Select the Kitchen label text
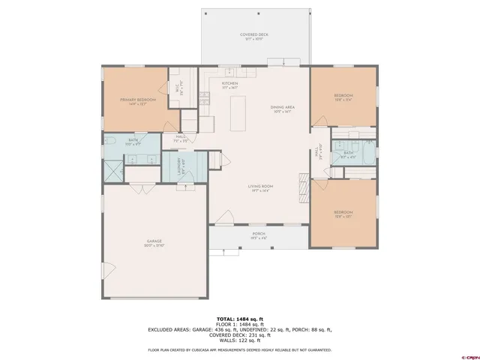pyautogui.click(x=229, y=85)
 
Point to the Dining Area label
pyautogui.click(x=283, y=109)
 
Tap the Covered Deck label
pyautogui.click(x=254, y=36)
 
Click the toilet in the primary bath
pyautogui.click(x=109, y=142)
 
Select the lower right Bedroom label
pyautogui.click(x=343, y=214)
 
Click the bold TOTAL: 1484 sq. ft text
pyautogui.click(x=239, y=318)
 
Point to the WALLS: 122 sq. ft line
pyautogui.click(x=239, y=340)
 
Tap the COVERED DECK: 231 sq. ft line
pyautogui.click(x=239, y=335)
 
